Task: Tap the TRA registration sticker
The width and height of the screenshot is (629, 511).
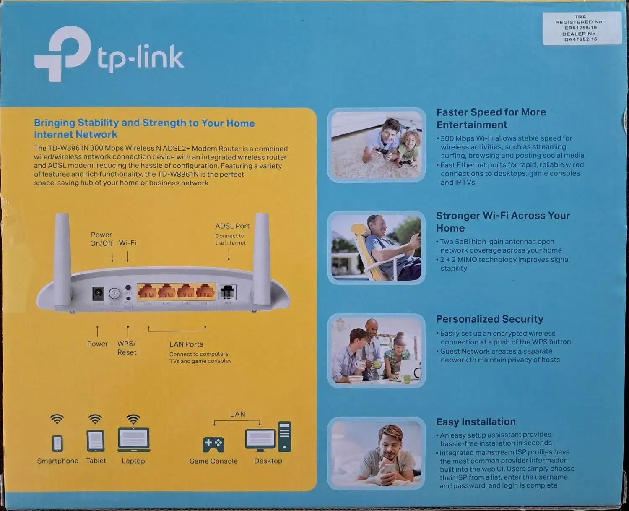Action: click(582, 28)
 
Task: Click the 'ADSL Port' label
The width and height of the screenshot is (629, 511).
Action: click(232, 226)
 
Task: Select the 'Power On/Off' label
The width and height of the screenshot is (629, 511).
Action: click(101, 239)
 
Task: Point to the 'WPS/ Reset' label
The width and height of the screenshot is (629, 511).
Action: click(127, 348)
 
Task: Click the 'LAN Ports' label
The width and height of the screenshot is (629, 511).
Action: click(186, 344)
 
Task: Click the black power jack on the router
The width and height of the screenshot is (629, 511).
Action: click(98, 293)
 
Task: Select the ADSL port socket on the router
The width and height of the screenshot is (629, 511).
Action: click(228, 292)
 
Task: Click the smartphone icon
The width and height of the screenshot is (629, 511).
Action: click(57, 443)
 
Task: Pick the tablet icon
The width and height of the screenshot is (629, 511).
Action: click(96, 441)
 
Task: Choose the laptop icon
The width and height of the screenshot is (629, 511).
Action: click(134, 440)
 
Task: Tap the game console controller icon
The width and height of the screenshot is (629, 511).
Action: click(213, 445)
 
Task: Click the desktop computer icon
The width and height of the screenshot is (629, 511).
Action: click(268, 438)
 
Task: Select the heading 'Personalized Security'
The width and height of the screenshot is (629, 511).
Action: click(489, 319)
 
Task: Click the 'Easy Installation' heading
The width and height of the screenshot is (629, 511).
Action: click(476, 422)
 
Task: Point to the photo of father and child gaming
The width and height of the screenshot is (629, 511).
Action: click(377, 145)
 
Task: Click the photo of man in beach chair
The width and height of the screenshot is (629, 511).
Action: click(377, 248)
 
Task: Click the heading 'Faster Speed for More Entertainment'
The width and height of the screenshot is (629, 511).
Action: click(491, 118)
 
